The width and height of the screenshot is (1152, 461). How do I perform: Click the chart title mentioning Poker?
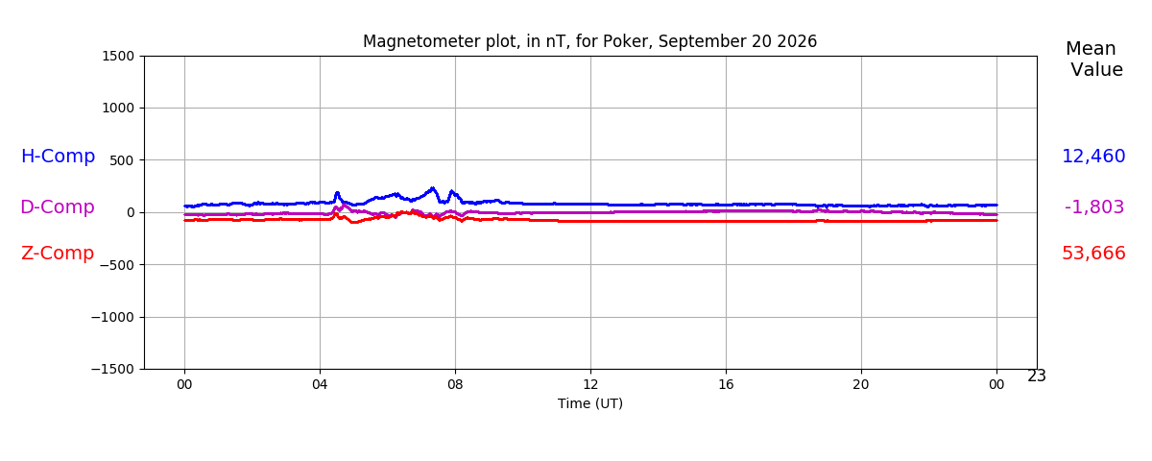(589, 41)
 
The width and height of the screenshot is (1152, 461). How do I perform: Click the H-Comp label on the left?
(59, 156)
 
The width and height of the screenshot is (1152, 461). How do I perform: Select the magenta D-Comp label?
(58, 206)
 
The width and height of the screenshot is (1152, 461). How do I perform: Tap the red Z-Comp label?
(58, 254)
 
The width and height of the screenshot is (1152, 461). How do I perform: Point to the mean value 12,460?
(1093, 156)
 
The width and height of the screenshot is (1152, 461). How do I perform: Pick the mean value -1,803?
(1093, 206)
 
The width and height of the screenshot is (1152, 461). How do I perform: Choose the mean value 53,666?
(1093, 254)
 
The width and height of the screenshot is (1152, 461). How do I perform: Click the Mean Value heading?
(1093, 60)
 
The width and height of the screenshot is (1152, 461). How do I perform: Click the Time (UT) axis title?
(589, 404)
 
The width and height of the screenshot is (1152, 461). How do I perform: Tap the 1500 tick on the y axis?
(118, 56)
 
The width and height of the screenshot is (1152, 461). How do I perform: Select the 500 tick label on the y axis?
(122, 160)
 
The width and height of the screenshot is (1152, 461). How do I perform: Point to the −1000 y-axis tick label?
(112, 317)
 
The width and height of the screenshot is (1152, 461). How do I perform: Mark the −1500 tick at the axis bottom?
(112, 369)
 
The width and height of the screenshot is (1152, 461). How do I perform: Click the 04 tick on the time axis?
(320, 384)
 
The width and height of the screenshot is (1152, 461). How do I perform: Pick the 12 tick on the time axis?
(590, 384)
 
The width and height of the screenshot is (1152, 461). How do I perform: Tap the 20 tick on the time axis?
(861, 384)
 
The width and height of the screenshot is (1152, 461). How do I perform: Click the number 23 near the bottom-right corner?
(1036, 376)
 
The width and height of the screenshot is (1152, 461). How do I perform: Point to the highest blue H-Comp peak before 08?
(432, 188)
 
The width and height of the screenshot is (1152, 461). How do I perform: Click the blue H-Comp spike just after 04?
(337, 194)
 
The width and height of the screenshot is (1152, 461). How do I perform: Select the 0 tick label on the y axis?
(131, 212)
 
